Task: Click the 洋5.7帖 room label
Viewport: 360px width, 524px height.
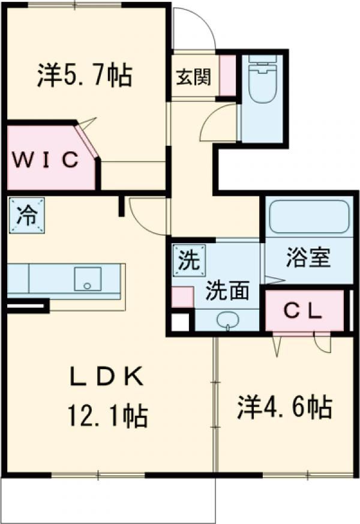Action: coord(85,76)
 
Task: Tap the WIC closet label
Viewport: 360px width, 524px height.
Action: coord(46,160)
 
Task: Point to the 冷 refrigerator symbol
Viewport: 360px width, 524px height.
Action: coord(25,215)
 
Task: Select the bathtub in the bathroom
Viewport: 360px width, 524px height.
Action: coord(309,217)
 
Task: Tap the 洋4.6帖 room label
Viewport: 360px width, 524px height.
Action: coord(284,408)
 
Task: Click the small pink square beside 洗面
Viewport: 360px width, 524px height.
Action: coord(182,297)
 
